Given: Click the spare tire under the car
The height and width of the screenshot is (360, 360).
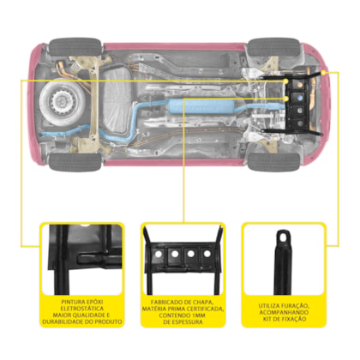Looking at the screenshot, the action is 63,102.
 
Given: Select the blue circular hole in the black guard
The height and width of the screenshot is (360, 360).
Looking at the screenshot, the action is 300,98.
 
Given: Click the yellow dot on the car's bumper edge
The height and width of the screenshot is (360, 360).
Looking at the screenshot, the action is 323,73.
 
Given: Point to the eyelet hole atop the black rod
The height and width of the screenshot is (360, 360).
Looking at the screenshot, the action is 283,237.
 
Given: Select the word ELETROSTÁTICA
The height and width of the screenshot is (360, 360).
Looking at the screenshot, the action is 82,309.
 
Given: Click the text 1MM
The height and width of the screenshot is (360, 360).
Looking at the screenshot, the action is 197,315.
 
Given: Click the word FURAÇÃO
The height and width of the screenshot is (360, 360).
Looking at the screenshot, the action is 295,306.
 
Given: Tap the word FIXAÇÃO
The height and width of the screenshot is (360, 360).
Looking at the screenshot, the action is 293,319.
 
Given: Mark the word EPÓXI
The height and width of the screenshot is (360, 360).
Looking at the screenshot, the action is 95,302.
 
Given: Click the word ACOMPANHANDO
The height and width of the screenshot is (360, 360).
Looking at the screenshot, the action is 284,312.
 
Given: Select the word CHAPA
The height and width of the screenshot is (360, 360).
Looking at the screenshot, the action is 204,303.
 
